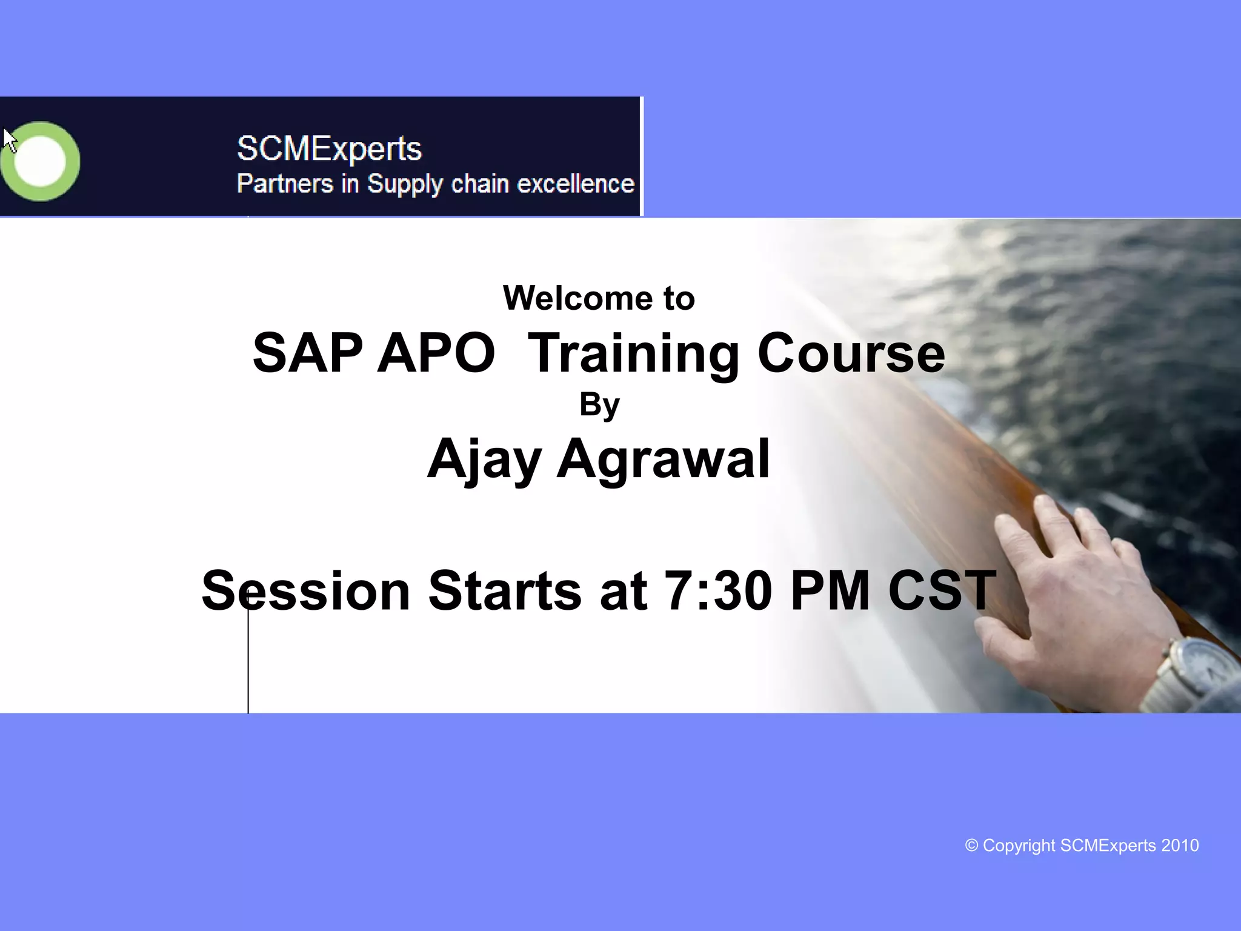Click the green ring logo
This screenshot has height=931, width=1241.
pos(40,161)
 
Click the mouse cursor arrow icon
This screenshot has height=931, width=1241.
pos(9,140)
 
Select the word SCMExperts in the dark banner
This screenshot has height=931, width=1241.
pos(329,148)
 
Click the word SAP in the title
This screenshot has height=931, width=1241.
pos(307,353)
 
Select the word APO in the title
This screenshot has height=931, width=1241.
pos(436,353)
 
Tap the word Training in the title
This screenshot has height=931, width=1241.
pos(633,354)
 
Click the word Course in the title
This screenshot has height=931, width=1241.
pos(851,353)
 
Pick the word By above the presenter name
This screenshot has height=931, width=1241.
pos(599,405)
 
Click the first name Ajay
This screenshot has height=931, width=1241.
pos(484,459)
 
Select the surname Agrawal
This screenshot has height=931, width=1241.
pos(663,459)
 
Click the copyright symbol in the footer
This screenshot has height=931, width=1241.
pos(971,846)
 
